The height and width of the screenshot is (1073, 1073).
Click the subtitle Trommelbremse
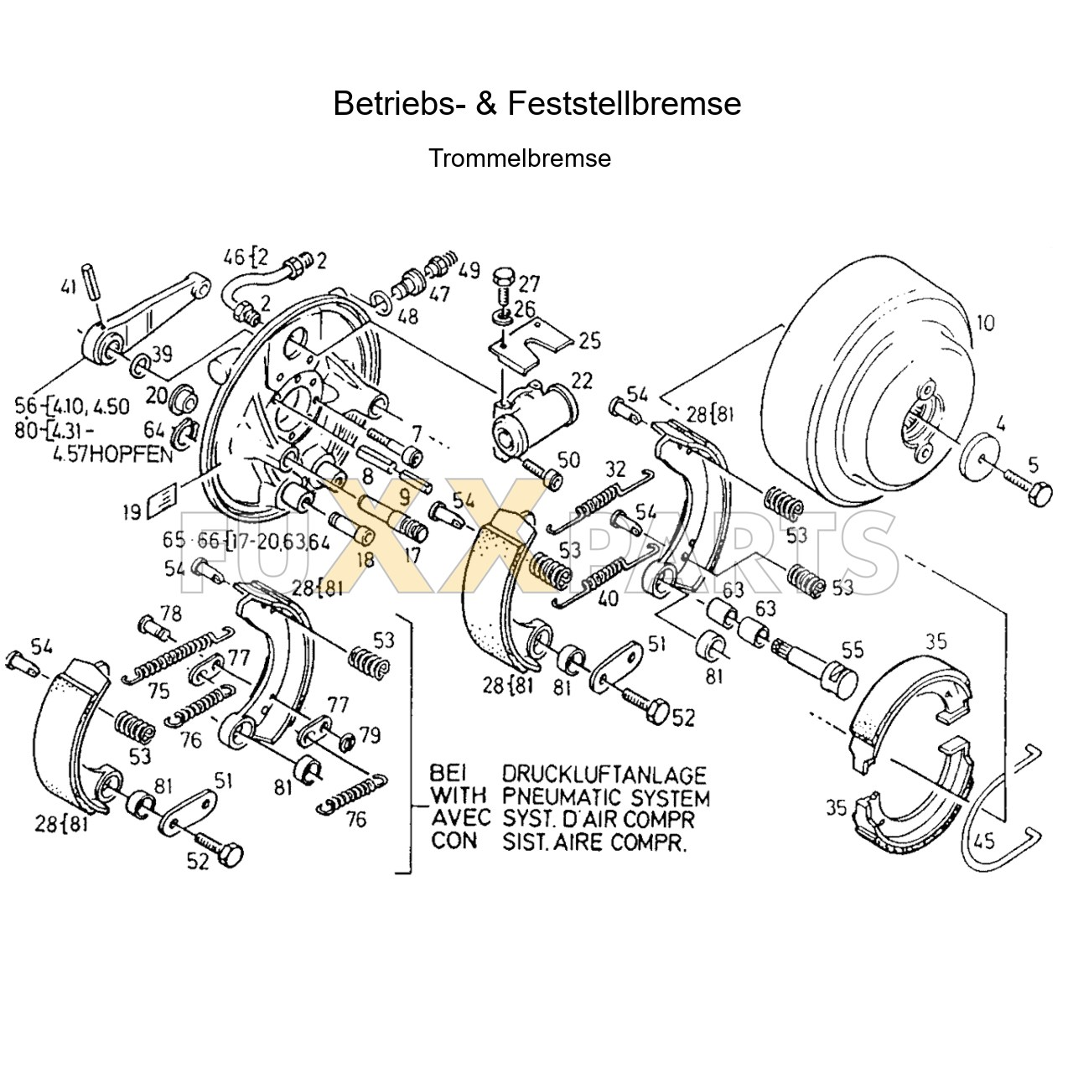click(520, 158)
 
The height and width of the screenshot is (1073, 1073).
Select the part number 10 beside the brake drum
click(986, 324)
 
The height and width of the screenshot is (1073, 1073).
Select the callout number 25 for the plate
click(589, 340)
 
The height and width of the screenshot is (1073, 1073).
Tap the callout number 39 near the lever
click(161, 354)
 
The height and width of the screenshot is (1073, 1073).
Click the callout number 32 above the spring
click(615, 469)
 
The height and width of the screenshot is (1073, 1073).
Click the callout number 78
click(171, 614)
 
